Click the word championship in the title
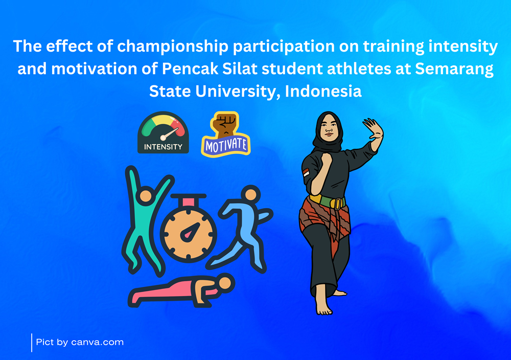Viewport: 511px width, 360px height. [173, 47]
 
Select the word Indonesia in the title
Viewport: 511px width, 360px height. [323, 92]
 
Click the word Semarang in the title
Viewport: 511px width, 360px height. [454, 70]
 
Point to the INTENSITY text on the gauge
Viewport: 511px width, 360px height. [164, 147]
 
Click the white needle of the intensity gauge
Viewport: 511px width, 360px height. [170, 133]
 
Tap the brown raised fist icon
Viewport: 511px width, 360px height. [226, 124]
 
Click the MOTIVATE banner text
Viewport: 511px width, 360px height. [226, 145]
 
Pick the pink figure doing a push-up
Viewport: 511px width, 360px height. [181, 290]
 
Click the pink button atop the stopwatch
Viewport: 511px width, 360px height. [189, 202]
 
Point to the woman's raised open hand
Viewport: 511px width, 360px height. [374, 129]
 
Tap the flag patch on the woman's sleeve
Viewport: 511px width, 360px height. [306, 172]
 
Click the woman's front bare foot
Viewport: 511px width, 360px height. [322, 302]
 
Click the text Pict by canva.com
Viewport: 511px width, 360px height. [80, 343]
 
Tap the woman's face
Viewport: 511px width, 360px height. [329, 128]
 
